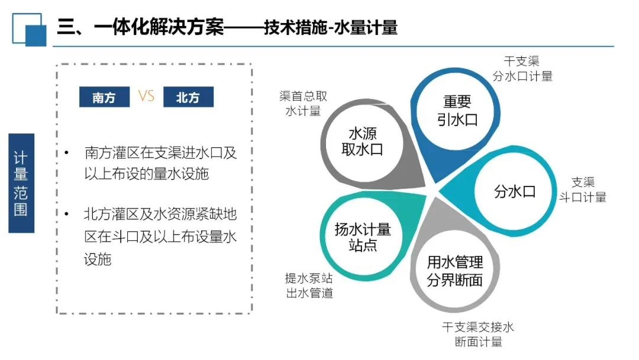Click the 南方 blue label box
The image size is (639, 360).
click(x=104, y=97)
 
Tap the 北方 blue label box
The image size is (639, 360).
click(x=188, y=97)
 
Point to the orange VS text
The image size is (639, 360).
click(x=146, y=96)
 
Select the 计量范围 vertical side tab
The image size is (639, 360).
click(x=21, y=183)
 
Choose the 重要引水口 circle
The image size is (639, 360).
click(x=457, y=111)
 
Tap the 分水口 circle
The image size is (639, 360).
click(x=514, y=191)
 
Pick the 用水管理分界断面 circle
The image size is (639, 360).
click(x=455, y=271)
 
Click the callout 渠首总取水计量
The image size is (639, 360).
click(x=303, y=104)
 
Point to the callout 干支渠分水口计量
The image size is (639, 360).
click(x=522, y=69)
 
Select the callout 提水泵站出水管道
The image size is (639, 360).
click(x=309, y=286)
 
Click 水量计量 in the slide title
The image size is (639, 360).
click(x=366, y=27)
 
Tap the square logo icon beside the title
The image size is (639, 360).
click(x=29, y=28)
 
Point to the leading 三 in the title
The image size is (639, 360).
click(x=65, y=27)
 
